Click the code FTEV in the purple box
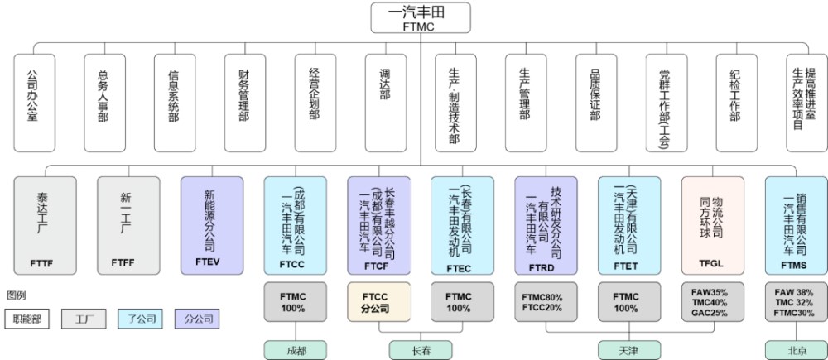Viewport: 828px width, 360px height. pyautogui.click(x=211, y=264)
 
